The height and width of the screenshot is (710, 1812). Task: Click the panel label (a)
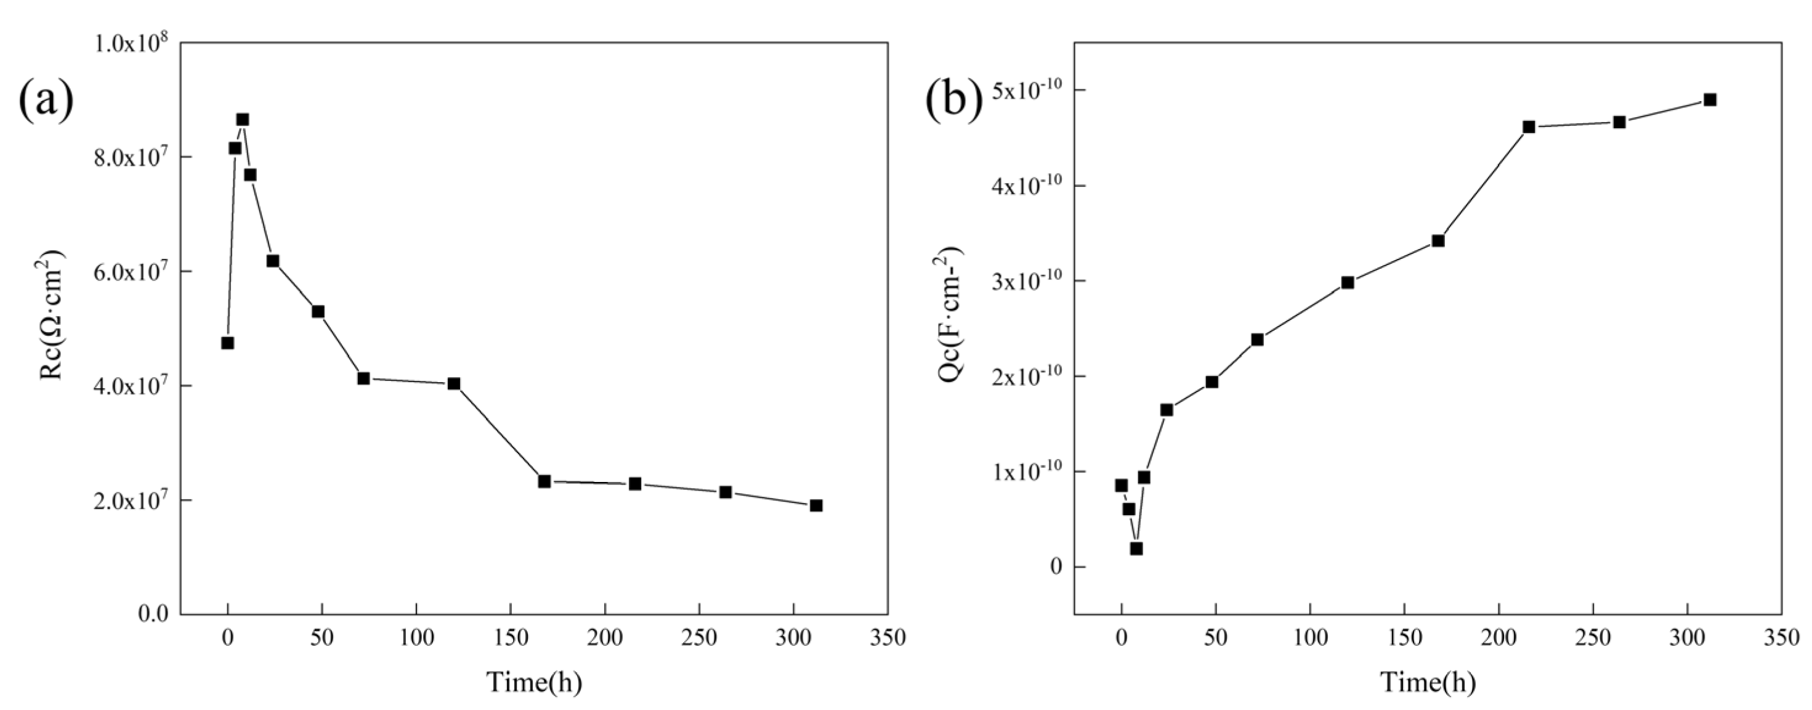[x=46, y=100]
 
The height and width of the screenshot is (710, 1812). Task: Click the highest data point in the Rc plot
[x=242, y=120]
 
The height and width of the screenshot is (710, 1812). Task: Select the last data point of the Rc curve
[x=816, y=505]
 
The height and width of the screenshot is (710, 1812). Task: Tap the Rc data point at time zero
[x=227, y=343]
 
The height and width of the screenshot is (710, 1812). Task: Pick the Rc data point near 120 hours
[x=454, y=383]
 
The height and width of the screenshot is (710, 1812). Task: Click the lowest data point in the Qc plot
[x=1136, y=548]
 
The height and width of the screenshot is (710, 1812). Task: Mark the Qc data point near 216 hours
[x=1529, y=128]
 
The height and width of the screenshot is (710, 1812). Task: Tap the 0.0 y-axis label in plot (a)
[x=153, y=614]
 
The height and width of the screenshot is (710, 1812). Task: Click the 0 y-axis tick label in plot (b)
[x=1056, y=567]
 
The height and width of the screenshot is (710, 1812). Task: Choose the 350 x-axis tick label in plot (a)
[x=887, y=637]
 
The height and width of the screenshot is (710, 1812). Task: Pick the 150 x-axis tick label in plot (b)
[x=1404, y=637]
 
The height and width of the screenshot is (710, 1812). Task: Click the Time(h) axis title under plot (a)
[x=534, y=682]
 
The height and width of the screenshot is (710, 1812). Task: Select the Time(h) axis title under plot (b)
[x=1427, y=682]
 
